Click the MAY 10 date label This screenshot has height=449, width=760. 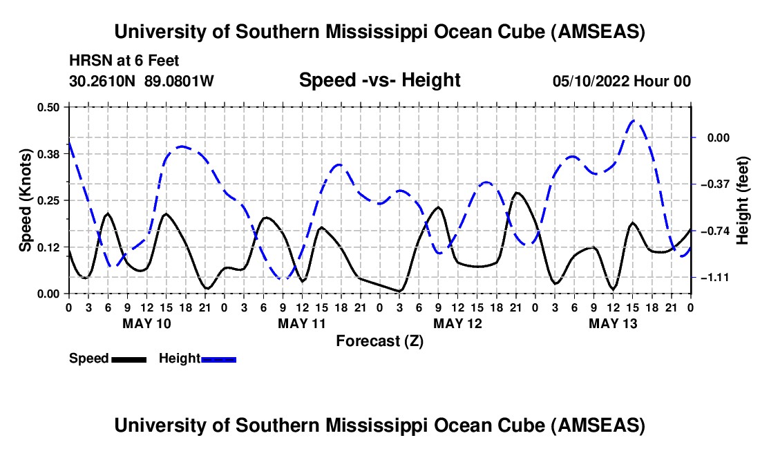tap(146, 323)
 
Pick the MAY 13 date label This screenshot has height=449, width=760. tap(612, 323)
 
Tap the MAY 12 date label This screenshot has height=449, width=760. tap(457, 323)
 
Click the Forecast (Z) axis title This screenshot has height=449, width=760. tap(379, 341)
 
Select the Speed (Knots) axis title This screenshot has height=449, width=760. tap(26, 200)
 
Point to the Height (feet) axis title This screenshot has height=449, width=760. tap(743, 200)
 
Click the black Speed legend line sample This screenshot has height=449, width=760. tap(129, 359)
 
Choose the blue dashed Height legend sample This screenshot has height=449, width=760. tap(219, 359)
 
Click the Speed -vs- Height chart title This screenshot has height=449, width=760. tap(379, 80)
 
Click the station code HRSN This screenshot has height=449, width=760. tap(87, 61)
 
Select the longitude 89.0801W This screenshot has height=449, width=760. tap(180, 81)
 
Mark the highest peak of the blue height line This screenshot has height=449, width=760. tap(635, 121)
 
